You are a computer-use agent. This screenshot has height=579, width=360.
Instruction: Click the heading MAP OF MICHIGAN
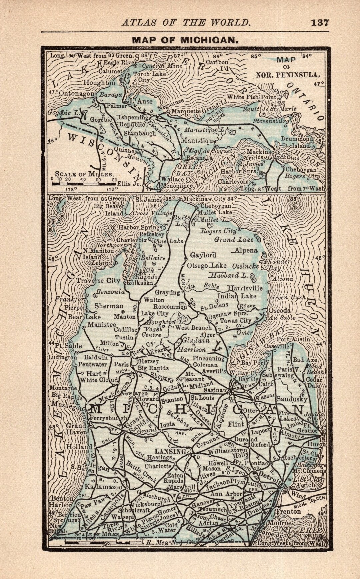[x=185, y=40]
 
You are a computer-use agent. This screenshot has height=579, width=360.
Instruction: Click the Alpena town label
[x=246, y=250]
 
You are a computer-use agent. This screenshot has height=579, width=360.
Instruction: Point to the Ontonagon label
[x=76, y=94]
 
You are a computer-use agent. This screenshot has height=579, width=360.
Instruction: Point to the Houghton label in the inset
[x=99, y=83]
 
